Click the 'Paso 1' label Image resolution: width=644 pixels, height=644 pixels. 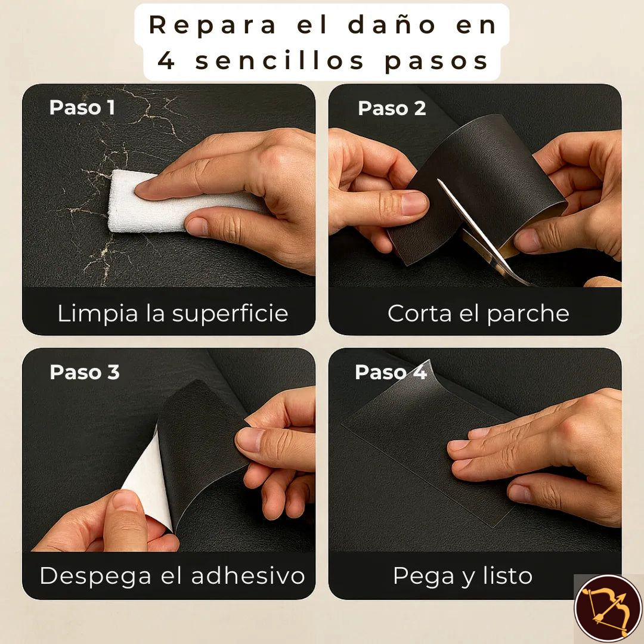tap(82, 107)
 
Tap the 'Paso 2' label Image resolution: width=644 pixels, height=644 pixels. tap(392, 108)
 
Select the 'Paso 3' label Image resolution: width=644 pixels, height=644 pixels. tap(84, 372)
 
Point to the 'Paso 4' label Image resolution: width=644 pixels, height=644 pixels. tap(391, 372)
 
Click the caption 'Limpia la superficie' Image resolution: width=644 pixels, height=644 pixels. tap(172, 314)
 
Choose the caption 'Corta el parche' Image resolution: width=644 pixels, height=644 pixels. tap(478, 314)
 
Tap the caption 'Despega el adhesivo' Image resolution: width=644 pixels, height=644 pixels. tap(172, 576)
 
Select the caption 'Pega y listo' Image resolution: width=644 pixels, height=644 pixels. tap(462, 576)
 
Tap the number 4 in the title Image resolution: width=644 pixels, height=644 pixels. tap(166, 61)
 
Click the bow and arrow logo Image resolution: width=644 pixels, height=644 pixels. tap(607, 608)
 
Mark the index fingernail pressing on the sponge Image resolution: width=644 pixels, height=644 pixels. tap(145, 188)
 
